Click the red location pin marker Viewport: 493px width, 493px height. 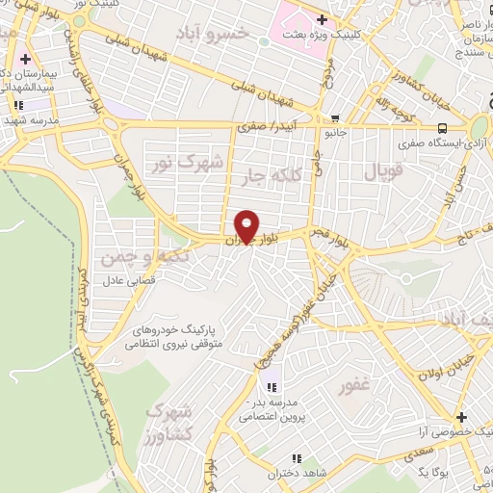[x=247, y=226]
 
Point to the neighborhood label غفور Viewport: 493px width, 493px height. [x=354, y=386]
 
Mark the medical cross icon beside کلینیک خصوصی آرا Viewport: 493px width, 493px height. [x=463, y=418]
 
